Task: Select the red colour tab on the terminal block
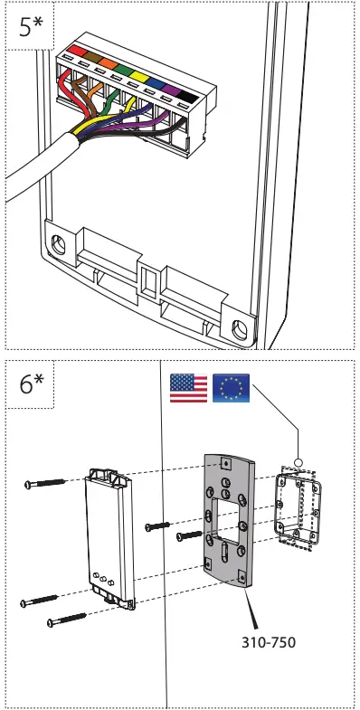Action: coord(72,47)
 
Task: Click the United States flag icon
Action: coord(188,386)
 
